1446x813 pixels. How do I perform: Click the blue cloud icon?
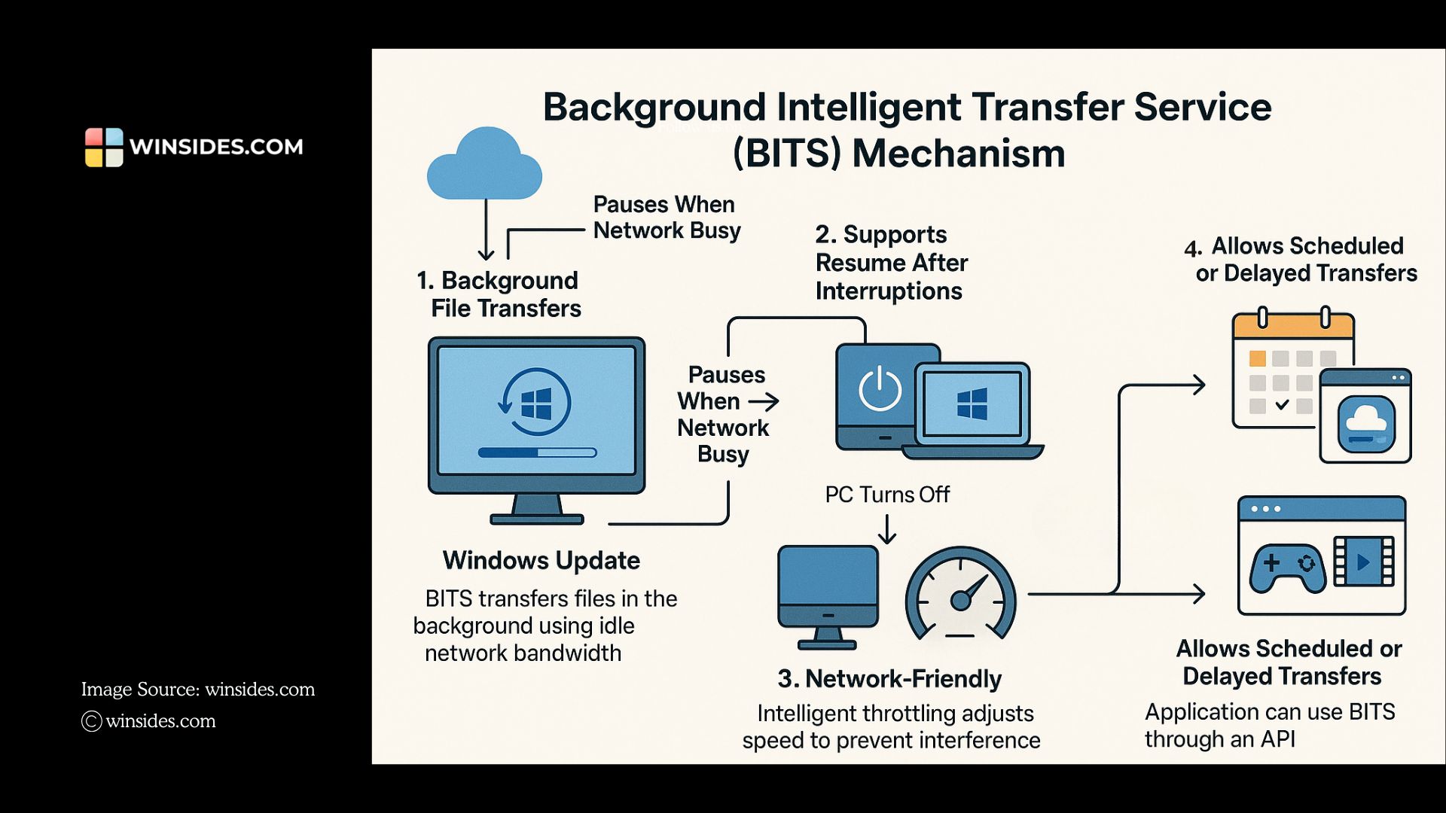pyautogui.click(x=484, y=166)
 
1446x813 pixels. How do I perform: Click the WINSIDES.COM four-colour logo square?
pyautogui.click(x=104, y=147)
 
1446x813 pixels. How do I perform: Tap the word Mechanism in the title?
pyautogui.click(x=958, y=154)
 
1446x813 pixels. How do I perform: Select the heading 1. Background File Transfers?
pyautogui.click(x=498, y=294)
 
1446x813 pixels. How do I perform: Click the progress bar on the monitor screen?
pyautogui.click(x=537, y=452)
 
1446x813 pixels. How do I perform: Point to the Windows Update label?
pyautogui.click(x=541, y=561)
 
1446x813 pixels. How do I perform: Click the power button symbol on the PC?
pyautogui.click(x=880, y=390)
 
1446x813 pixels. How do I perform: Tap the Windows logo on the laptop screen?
pyautogui.click(x=972, y=404)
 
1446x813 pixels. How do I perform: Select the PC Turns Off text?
pyautogui.click(x=887, y=495)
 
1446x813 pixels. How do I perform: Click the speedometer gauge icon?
pyautogui.click(x=960, y=595)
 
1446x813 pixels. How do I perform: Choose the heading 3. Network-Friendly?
pyautogui.click(x=889, y=679)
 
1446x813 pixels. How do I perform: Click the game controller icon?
pyautogui.click(x=1287, y=568)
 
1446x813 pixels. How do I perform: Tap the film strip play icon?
pyautogui.click(x=1363, y=562)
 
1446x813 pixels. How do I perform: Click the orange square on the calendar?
pyautogui.click(x=1257, y=358)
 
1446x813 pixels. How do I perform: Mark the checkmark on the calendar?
pyautogui.click(x=1282, y=405)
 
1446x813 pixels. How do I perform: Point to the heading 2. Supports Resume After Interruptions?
pyautogui.click(x=890, y=263)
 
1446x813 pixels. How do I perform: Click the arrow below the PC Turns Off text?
pyautogui.click(x=887, y=529)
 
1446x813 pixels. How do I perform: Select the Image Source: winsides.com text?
pyautogui.click(x=197, y=690)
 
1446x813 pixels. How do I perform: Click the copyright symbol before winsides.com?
pyautogui.click(x=91, y=721)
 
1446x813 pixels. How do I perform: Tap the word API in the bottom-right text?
pyautogui.click(x=1277, y=739)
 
